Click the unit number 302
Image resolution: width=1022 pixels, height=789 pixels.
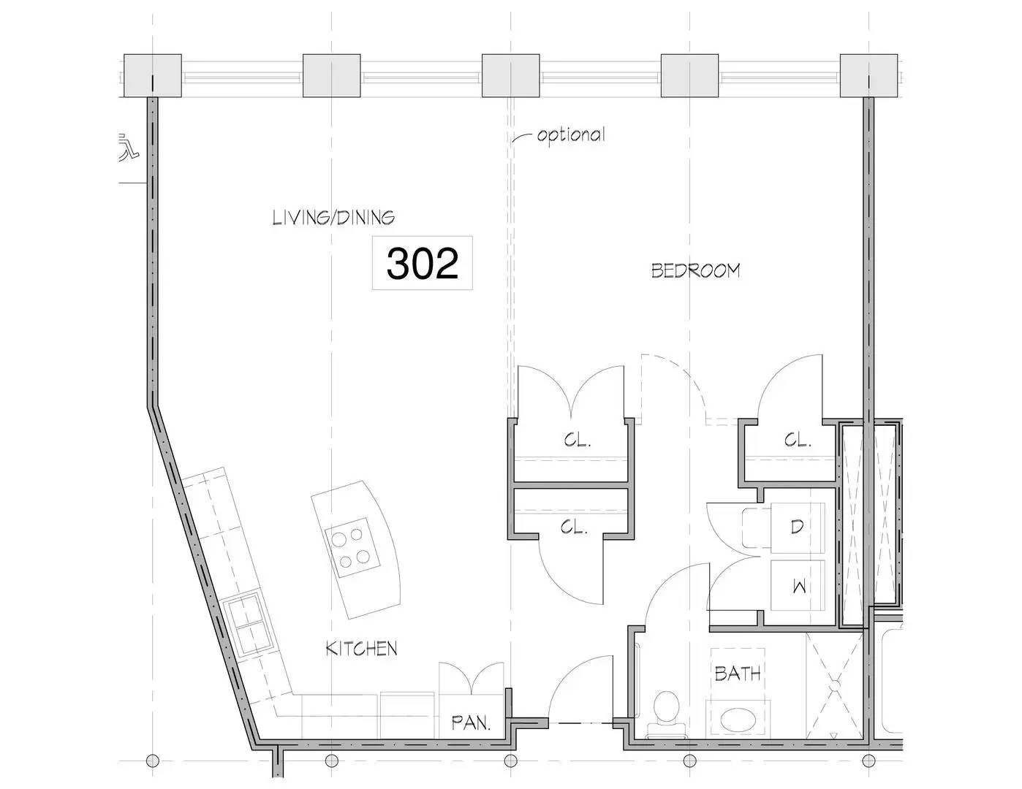(x=423, y=264)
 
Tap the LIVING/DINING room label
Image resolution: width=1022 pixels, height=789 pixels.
(x=333, y=218)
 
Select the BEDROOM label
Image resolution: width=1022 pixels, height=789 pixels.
(x=696, y=271)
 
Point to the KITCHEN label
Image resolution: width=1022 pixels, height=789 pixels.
(x=362, y=649)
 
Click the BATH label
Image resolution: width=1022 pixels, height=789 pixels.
(x=738, y=674)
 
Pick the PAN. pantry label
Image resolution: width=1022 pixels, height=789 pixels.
(x=472, y=723)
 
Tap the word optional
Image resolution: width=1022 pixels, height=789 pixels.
(x=571, y=135)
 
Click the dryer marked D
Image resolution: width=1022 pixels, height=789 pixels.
(x=798, y=527)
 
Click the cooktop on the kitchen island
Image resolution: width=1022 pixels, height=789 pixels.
(x=352, y=548)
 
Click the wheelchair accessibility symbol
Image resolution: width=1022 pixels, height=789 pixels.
(x=129, y=148)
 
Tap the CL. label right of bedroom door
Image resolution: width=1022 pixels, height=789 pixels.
(x=798, y=441)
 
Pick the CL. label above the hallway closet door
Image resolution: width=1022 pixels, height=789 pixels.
(x=575, y=527)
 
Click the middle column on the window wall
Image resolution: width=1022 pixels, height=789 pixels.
(x=511, y=76)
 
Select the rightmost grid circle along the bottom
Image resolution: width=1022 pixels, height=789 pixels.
(x=868, y=761)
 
